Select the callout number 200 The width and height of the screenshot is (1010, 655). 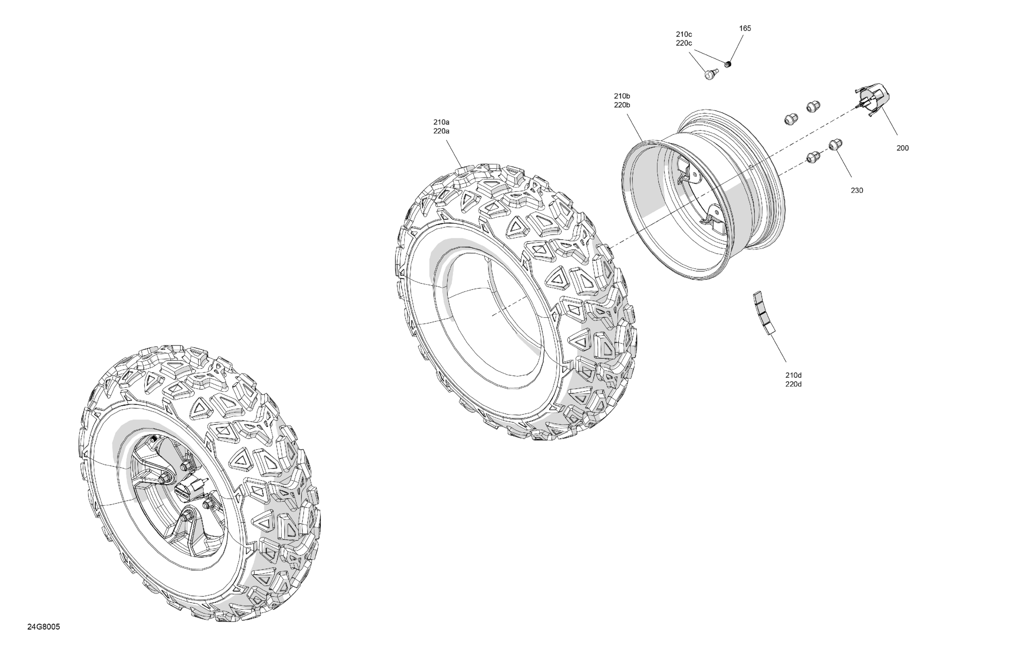click(903, 148)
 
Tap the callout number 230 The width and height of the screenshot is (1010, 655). click(857, 191)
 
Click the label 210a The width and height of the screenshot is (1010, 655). click(441, 122)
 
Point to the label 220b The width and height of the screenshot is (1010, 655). click(622, 105)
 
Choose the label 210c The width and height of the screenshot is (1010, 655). click(684, 34)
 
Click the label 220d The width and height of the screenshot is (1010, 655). click(794, 385)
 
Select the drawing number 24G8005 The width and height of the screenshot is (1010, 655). click(44, 627)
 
